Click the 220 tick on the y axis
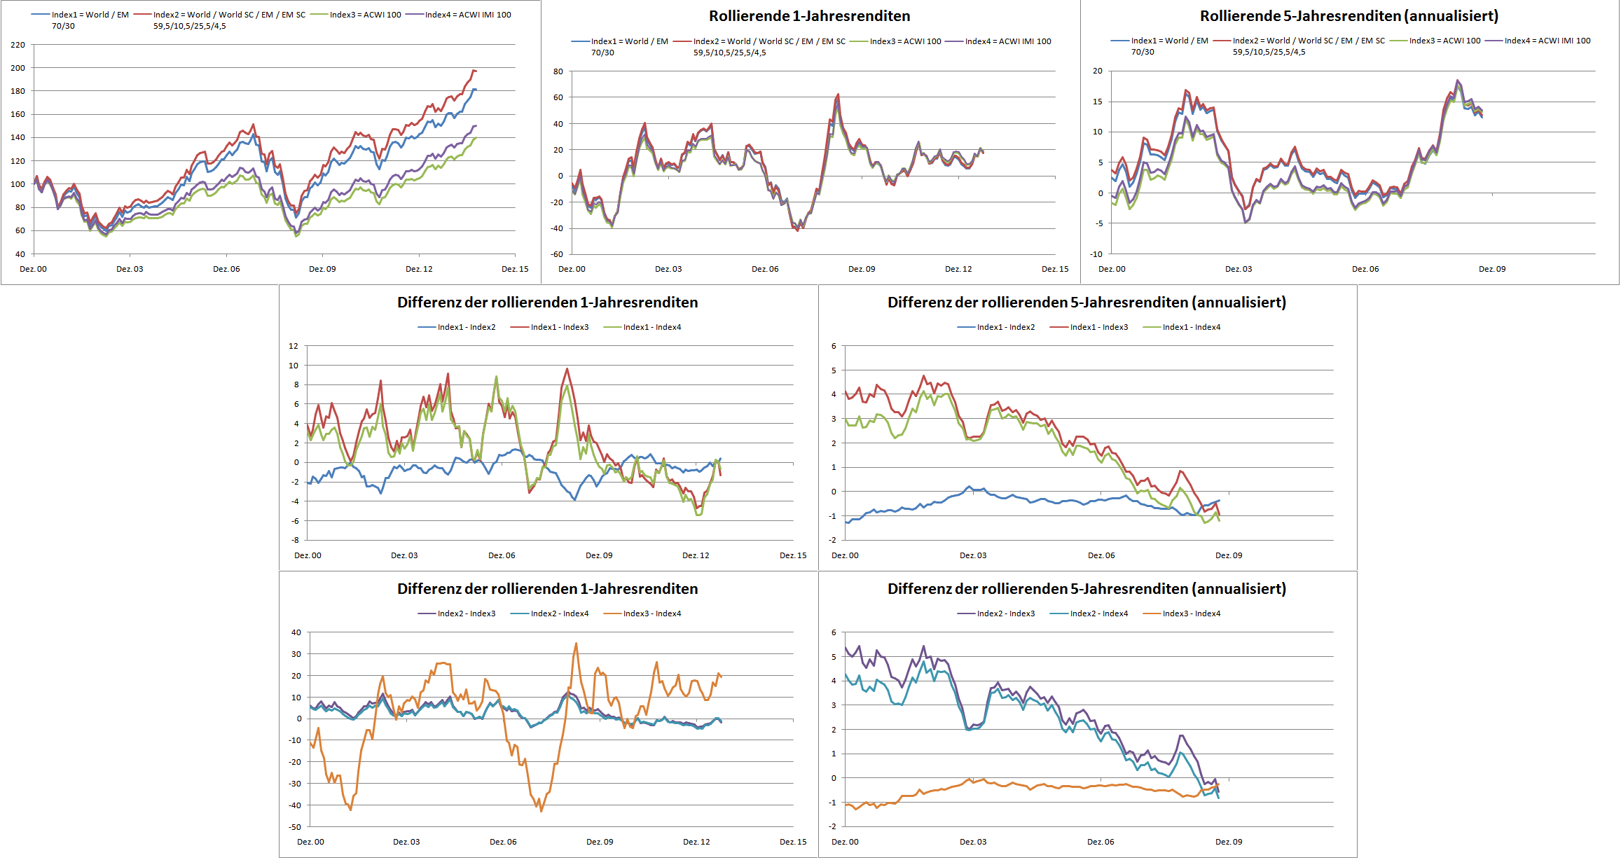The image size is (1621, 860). click(x=18, y=45)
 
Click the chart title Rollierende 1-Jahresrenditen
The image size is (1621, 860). click(x=809, y=16)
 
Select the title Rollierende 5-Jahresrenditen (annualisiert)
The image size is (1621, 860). click(x=1348, y=16)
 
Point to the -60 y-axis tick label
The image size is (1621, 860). click(x=557, y=254)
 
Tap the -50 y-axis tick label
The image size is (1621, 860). click(x=295, y=827)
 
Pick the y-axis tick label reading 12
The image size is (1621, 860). click(x=294, y=346)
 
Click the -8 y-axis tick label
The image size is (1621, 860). click(x=295, y=540)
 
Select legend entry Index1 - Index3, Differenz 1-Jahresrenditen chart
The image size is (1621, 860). click(x=559, y=327)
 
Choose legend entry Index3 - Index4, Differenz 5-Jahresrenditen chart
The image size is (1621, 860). click(x=1191, y=613)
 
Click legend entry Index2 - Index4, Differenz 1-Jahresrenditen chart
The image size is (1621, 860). click(x=559, y=613)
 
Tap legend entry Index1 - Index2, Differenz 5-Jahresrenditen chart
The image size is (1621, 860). click(x=1005, y=327)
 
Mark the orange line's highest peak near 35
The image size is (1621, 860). click(x=576, y=644)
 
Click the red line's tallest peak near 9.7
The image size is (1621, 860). click(x=567, y=369)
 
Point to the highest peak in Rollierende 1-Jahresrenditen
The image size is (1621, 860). click(x=838, y=95)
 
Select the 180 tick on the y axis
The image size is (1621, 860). click(x=18, y=91)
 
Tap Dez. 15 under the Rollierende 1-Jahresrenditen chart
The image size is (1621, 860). click(x=1055, y=269)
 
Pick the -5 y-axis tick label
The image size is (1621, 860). click(x=1099, y=223)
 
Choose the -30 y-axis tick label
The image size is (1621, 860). click(x=295, y=784)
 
